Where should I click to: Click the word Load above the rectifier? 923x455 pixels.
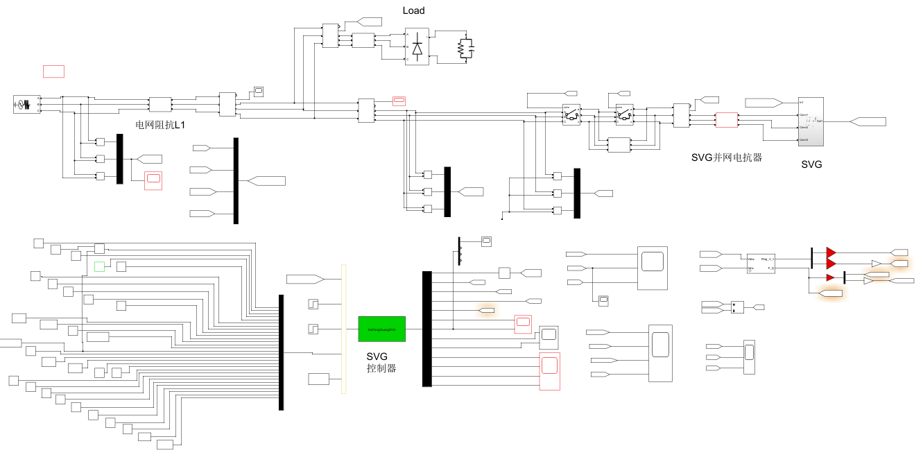click(x=413, y=10)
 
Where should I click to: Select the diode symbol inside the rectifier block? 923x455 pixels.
click(x=417, y=48)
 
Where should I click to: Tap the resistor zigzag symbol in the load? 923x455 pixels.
click(x=460, y=48)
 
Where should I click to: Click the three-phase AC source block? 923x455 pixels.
click(x=24, y=105)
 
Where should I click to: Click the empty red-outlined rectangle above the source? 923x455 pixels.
click(x=53, y=71)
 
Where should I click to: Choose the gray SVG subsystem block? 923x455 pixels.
click(x=811, y=121)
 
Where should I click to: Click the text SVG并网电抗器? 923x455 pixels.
click(x=727, y=157)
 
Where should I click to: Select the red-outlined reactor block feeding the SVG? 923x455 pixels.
click(x=726, y=120)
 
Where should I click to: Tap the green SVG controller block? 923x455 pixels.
click(x=381, y=329)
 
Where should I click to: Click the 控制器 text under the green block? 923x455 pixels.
click(x=381, y=368)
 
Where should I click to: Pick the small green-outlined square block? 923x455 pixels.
click(x=99, y=266)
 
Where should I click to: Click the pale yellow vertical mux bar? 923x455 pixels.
click(x=343, y=329)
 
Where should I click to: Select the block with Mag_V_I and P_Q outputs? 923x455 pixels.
click(x=761, y=263)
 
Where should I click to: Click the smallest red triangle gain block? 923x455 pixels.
click(x=829, y=278)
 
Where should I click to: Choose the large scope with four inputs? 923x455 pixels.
click(x=660, y=353)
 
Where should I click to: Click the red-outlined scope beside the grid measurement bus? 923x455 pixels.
click(x=153, y=180)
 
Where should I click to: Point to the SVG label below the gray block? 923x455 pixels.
click(x=811, y=165)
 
